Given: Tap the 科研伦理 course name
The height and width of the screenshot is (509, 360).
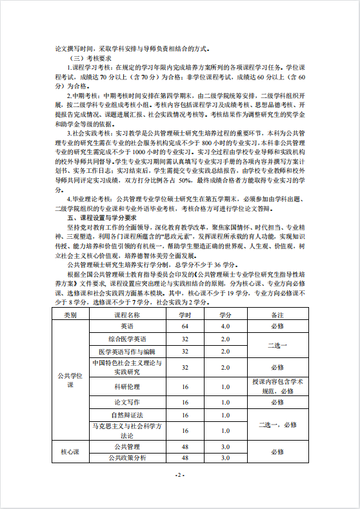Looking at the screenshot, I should [127, 386].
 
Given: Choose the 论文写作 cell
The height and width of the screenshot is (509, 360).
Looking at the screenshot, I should [127, 403].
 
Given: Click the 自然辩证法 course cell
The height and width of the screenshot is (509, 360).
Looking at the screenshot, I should [127, 415].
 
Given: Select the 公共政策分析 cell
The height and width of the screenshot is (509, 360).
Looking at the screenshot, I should [127, 457].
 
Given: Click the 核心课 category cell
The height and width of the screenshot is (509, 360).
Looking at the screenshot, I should [70, 452].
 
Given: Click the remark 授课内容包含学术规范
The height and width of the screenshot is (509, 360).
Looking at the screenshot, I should [277, 386].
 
